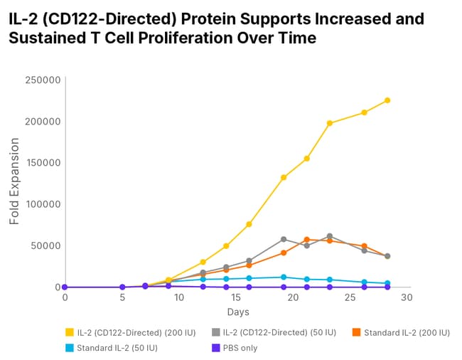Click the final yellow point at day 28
point(387,100)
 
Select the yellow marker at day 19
point(284,178)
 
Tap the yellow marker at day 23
point(330,123)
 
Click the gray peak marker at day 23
point(330,236)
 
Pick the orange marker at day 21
point(307,240)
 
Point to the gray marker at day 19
point(284,239)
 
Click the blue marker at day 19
point(284,277)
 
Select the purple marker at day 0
point(65,287)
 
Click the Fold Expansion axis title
point(14,184)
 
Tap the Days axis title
point(238,312)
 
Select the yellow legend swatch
point(69,332)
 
